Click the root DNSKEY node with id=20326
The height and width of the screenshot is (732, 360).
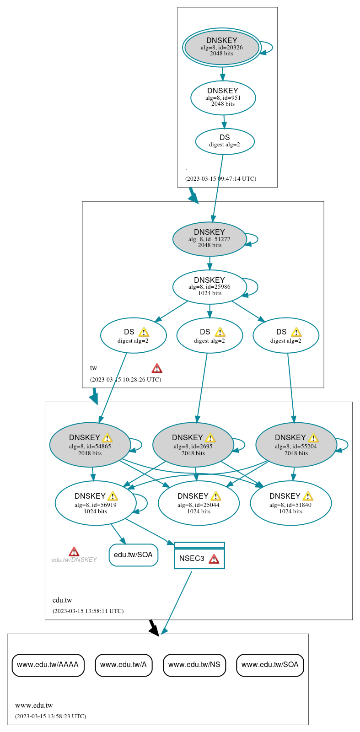(222, 48)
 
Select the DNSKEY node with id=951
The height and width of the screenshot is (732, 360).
(223, 97)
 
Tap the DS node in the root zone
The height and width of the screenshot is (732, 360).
(225, 141)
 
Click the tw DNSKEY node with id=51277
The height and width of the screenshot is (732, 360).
(210, 239)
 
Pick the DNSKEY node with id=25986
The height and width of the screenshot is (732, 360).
(210, 287)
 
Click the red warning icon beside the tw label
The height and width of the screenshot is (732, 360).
(157, 368)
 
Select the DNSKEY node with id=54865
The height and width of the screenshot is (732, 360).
(90, 445)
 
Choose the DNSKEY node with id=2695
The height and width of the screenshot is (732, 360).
(193, 445)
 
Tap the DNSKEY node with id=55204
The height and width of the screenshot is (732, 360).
(296, 445)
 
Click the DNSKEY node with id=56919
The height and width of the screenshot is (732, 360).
(95, 503)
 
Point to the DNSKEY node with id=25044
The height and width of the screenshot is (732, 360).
(199, 503)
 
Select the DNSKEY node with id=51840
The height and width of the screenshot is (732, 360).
(290, 503)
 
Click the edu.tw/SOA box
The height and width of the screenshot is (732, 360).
(133, 555)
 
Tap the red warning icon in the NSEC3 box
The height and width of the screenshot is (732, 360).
(214, 559)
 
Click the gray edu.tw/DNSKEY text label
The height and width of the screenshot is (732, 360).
(74, 560)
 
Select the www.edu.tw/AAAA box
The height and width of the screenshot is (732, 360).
(48, 665)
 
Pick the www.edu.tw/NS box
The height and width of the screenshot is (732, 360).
(194, 665)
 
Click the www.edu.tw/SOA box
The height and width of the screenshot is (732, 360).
(270, 665)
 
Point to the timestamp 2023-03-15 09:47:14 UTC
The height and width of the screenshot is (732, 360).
(220, 179)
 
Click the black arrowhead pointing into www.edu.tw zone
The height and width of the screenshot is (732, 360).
(155, 630)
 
